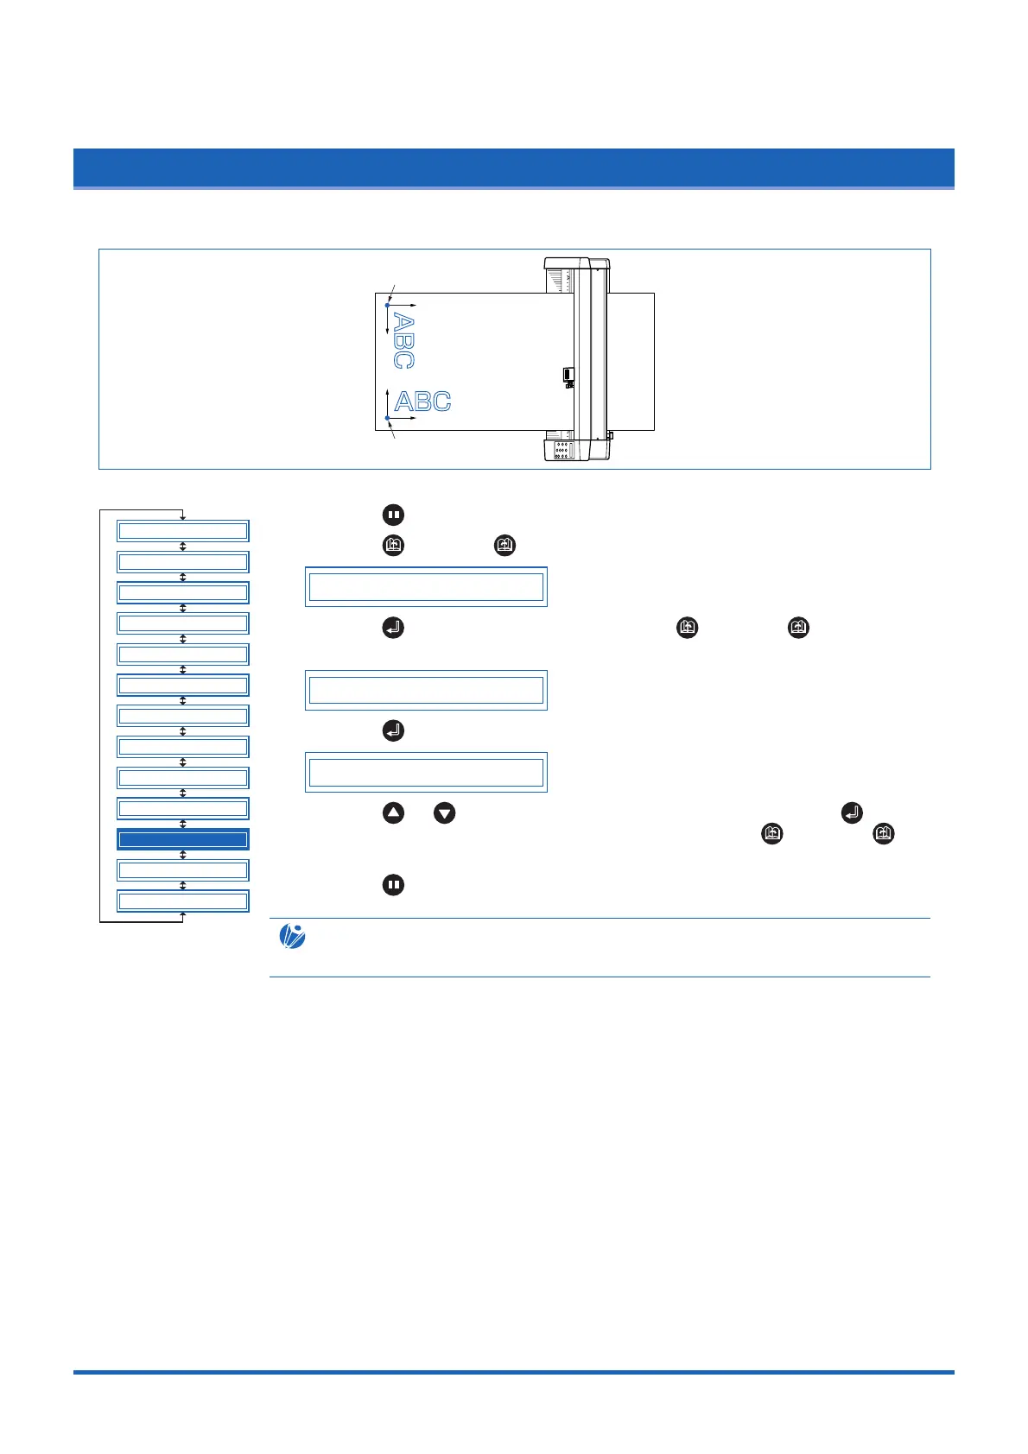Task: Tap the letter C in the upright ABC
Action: tap(440, 401)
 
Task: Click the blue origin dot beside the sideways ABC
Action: tap(388, 305)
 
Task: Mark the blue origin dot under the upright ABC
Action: tap(388, 418)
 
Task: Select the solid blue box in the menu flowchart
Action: tap(183, 839)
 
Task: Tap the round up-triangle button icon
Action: tap(393, 812)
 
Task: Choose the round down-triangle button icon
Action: tap(444, 812)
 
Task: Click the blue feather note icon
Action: tap(292, 937)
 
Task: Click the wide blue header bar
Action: tap(513, 168)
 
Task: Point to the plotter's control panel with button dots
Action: tap(562, 450)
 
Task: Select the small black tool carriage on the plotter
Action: tap(568, 375)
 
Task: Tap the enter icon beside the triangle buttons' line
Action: tap(851, 812)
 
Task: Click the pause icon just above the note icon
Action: tap(393, 885)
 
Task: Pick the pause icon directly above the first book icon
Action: tap(393, 515)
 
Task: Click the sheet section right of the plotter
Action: tap(630, 361)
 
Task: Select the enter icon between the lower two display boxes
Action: tap(393, 730)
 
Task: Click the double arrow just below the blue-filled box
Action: tap(183, 855)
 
